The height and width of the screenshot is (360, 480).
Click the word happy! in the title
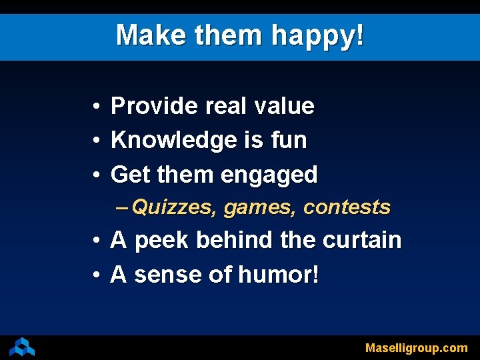pyautogui.click(x=318, y=35)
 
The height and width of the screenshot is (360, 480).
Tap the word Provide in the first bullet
pyautogui.click(x=154, y=105)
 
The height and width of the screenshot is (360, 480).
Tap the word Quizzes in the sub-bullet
pyautogui.click(x=174, y=207)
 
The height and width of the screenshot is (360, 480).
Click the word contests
pyautogui.click(x=347, y=207)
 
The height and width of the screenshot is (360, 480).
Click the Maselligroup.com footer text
pyautogui.click(x=416, y=348)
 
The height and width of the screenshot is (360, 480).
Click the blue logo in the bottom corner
pyautogui.click(x=22, y=347)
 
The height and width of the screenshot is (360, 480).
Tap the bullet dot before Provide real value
pyautogui.click(x=97, y=106)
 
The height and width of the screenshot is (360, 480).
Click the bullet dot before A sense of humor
pyautogui.click(x=97, y=275)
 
